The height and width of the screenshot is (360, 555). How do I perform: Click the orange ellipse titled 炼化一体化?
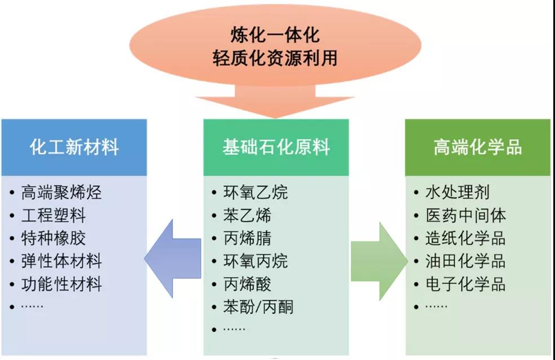click(275, 45)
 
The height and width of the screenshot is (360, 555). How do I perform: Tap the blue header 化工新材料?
click(74, 147)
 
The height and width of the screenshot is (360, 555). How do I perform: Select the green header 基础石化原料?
click(276, 147)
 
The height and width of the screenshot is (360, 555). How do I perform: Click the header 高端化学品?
click(478, 147)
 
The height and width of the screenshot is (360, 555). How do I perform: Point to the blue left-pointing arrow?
click(172, 259)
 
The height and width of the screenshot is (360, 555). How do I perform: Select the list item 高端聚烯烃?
click(61, 192)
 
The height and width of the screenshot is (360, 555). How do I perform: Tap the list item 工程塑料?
click(54, 216)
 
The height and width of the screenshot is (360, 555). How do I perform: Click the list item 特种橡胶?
click(54, 238)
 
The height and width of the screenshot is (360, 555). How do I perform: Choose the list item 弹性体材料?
click(61, 261)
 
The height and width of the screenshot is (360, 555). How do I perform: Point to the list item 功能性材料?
click(61, 284)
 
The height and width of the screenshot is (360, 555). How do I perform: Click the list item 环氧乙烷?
click(256, 192)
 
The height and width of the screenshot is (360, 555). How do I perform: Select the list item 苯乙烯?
click(248, 216)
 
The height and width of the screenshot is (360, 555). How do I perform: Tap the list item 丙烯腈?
click(248, 238)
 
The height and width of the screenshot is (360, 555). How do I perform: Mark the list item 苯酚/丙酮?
click(259, 307)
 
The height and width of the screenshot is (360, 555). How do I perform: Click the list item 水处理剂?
click(457, 192)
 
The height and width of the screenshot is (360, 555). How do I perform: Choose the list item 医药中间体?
click(465, 216)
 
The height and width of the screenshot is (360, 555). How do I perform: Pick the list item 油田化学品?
click(465, 261)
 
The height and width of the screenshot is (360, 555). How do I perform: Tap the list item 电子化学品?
click(465, 284)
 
